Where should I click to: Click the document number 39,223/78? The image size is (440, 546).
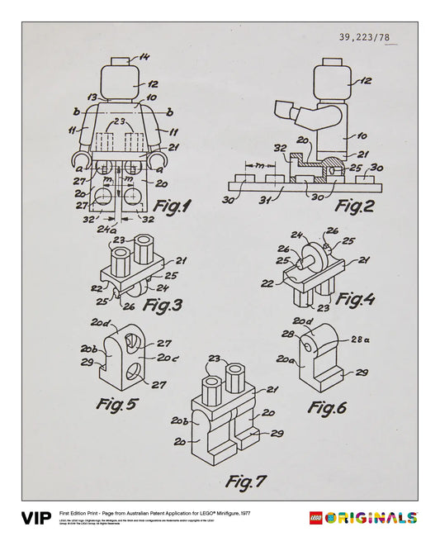point(373,37)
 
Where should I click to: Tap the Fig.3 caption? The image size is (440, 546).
point(163,305)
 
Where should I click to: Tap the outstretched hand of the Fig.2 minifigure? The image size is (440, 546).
point(282,108)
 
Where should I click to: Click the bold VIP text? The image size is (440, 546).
point(36,519)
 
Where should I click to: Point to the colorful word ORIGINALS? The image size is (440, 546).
point(371,519)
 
